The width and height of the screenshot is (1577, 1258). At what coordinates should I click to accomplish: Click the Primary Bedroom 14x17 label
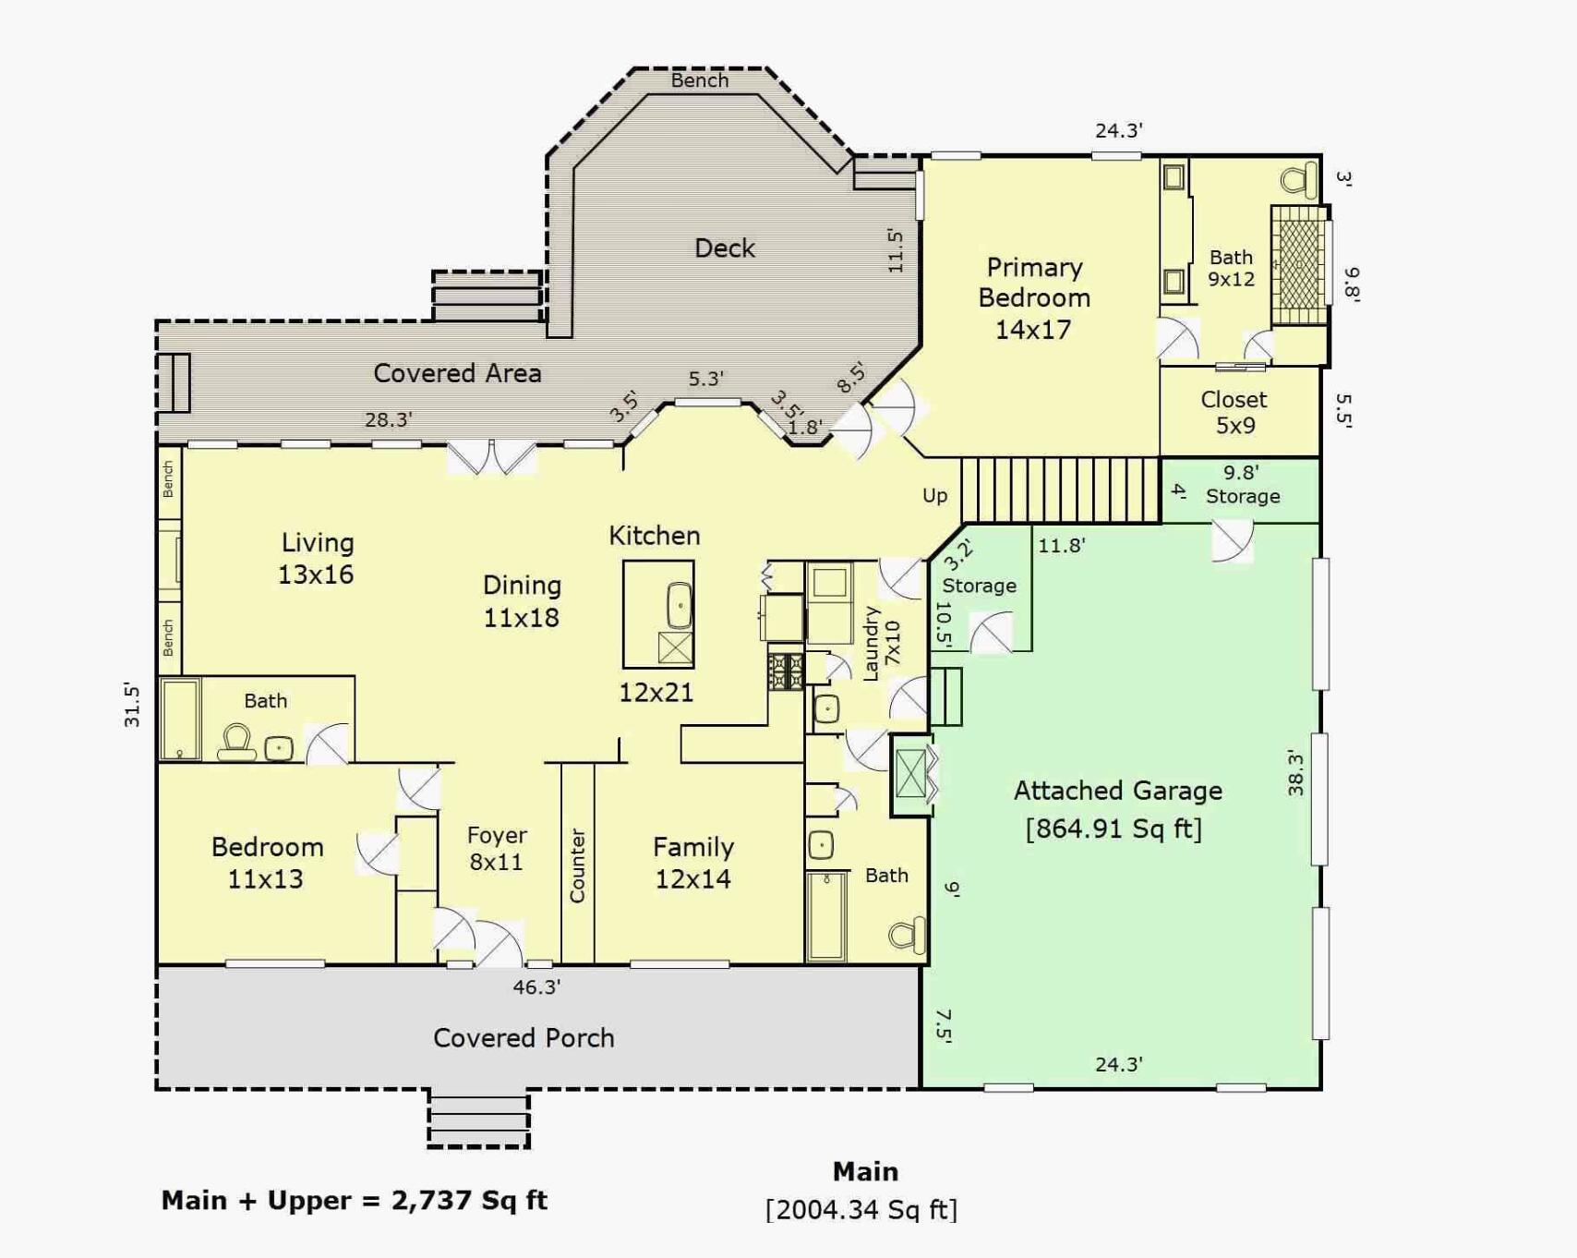click(1033, 297)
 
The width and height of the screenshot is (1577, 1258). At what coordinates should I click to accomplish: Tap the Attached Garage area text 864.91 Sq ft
click(1114, 829)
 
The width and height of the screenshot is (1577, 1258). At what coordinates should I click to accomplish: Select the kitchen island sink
click(679, 606)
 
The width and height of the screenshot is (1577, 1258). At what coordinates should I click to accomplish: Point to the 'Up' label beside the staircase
click(934, 496)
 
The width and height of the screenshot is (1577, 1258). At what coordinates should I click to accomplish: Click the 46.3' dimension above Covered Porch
click(536, 986)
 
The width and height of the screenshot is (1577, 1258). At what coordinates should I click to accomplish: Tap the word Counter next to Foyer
click(577, 865)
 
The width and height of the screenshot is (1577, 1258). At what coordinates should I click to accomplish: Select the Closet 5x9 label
click(1234, 412)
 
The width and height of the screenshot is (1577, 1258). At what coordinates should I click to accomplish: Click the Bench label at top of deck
click(699, 80)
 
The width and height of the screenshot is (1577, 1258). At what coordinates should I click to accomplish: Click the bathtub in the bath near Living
click(180, 719)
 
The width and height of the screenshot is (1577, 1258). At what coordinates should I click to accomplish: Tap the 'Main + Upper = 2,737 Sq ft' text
click(354, 1200)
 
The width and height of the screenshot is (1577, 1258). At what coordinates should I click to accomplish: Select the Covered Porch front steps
click(478, 1119)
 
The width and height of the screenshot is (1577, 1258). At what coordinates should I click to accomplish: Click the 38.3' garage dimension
click(1295, 772)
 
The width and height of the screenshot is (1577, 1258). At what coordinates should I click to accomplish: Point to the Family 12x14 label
click(693, 862)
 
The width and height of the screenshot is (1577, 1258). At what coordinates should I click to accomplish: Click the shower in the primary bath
click(1299, 265)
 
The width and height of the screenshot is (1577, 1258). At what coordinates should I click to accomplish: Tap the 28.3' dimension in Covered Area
click(388, 419)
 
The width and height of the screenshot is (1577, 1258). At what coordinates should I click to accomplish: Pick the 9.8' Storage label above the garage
click(1241, 485)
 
